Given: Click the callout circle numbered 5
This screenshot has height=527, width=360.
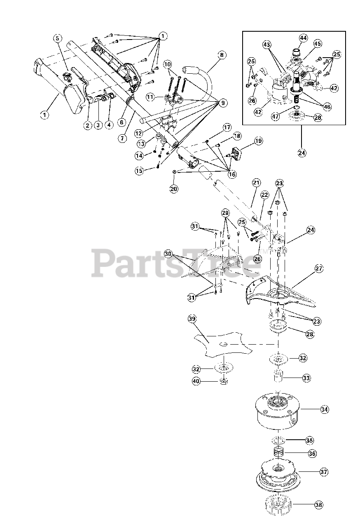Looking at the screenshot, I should coord(57,38).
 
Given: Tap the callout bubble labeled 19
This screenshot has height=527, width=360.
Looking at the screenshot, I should coord(258,141).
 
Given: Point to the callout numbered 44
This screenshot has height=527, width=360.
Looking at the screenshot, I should coord(303,38).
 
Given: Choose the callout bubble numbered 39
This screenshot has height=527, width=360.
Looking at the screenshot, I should coord(192,318).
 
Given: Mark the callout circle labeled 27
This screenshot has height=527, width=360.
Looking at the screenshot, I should coord(318,268).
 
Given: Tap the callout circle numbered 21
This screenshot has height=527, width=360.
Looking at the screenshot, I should coord(256,182).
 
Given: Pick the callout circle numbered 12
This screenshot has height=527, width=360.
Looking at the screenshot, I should coord(138,133).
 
